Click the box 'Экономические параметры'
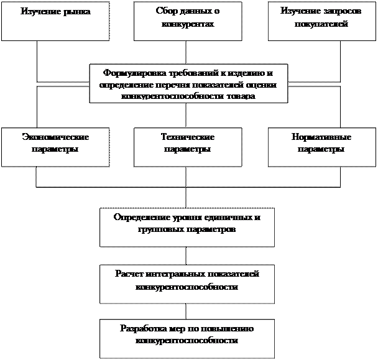55,147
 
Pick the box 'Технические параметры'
188,147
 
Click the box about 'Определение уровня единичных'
187,227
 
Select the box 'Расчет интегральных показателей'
187,283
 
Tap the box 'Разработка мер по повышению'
187,338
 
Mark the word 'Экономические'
55,137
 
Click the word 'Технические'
188,137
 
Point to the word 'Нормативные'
321,137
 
